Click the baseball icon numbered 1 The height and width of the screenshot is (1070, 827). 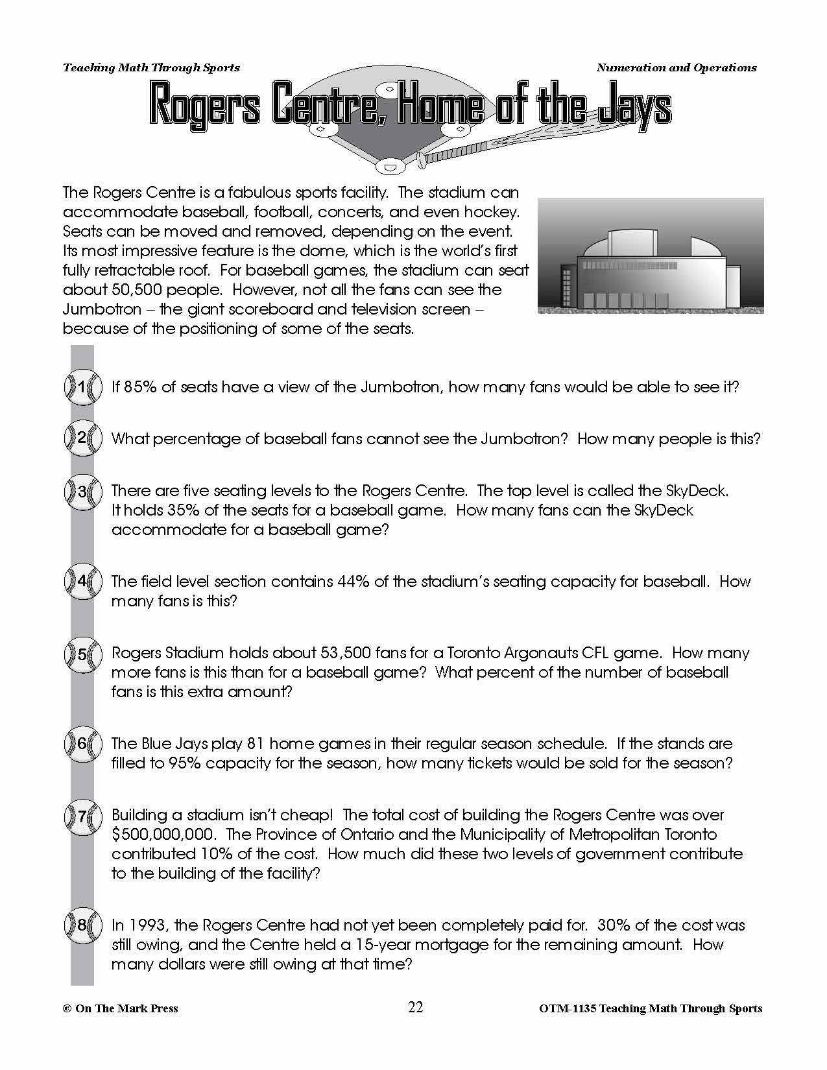(x=82, y=388)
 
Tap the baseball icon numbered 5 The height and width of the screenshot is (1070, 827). (x=82, y=654)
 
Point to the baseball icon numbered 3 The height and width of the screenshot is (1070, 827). (x=82, y=492)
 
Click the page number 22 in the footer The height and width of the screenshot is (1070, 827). (x=416, y=1007)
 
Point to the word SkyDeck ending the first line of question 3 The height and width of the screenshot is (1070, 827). (x=697, y=491)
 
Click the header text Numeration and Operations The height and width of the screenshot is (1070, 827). (x=676, y=67)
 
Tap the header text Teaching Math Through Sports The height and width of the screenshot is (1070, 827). (x=151, y=67)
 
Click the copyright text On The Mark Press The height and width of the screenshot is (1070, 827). (x=126, y=1008)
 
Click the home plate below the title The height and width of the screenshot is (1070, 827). (x=390, y=166)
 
